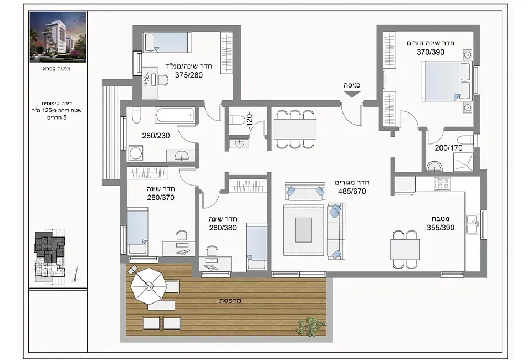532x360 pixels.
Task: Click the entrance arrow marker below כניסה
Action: [352, 94]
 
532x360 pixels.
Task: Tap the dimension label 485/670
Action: [352, 192]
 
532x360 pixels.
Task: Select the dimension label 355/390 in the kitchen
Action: [441, 228]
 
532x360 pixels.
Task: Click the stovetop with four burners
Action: [442, 184]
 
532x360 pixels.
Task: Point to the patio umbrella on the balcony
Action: [149, 287]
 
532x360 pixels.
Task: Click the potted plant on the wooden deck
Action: [308, 326]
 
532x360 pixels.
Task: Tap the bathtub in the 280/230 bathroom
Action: [175, 116]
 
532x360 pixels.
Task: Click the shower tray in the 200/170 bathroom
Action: [463, 162]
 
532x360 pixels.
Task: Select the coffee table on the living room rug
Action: [303, 230]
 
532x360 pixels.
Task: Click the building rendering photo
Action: [58, 37]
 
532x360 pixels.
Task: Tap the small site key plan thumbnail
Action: [49, 253]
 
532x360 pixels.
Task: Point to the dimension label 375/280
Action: [188, 75]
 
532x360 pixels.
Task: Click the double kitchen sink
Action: [473, 224]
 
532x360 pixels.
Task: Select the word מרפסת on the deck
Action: [230, 300]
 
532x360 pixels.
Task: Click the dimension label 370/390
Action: [430, 52]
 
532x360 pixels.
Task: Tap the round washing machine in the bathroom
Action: [135, 153]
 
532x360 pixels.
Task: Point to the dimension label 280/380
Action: [223, 228]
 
